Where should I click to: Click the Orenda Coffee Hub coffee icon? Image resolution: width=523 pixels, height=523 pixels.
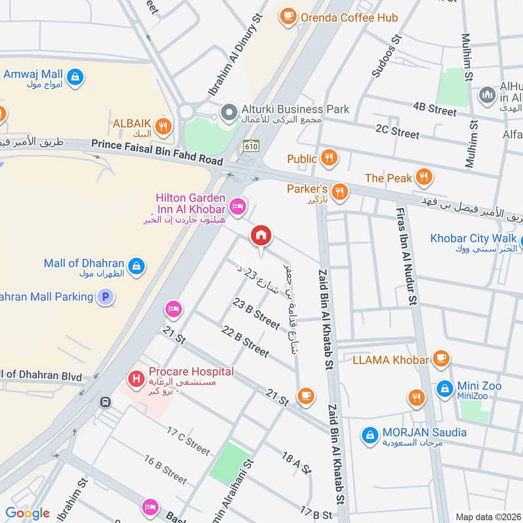point(287,17)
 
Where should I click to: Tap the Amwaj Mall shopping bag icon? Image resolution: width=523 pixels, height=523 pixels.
point(76,76)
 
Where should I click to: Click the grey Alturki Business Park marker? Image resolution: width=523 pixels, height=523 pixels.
point(228,112)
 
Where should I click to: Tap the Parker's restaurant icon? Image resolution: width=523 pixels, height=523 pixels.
point(339,191)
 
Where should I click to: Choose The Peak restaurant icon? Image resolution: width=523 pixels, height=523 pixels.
point(425,177)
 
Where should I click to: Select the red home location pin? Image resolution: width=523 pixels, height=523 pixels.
point(261,236)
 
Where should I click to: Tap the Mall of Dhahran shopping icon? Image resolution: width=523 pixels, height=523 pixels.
point(136,265)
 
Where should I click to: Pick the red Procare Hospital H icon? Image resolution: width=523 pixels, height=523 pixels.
point(136,378)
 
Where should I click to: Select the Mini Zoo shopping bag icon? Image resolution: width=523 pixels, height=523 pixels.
point(445,388)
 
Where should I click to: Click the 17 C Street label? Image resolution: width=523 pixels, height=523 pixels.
point(188,441)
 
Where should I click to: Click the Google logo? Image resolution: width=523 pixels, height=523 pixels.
point(27,513)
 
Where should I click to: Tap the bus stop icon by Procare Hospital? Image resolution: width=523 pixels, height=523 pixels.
point(105,402)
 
